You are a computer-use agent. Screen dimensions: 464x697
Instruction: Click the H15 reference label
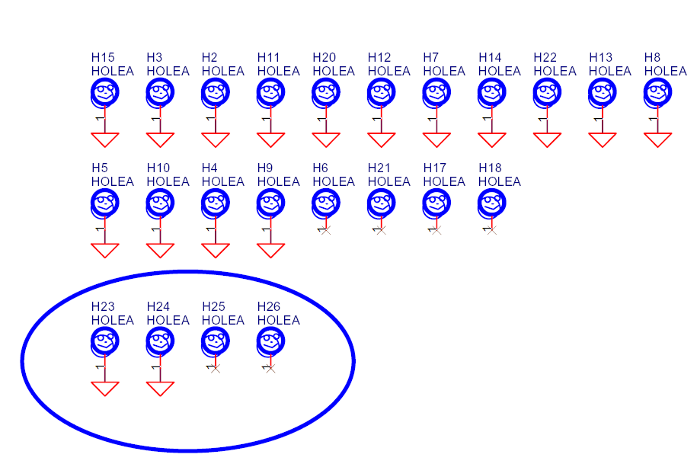[x=103, y=57]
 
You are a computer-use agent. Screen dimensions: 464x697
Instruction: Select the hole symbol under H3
[x=160, y=93]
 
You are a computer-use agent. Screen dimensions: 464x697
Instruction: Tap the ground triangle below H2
[x=216, y=139]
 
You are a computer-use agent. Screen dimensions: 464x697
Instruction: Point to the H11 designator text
[x=269, y=57]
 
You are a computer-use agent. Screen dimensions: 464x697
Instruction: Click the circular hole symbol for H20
[x=326, y=93]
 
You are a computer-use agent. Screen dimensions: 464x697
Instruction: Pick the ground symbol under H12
[x=382, y=139]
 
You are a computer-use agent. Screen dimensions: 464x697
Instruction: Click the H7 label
[x=431, y=57]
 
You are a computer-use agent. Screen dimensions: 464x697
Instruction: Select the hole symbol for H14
[x=492, y=93]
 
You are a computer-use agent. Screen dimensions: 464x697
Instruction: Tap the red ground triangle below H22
[x=547, y=139]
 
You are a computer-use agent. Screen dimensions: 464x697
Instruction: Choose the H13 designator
[x=600, y=57]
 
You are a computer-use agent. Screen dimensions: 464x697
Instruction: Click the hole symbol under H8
[x=658, y=93]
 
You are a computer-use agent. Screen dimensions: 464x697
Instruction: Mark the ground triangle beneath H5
[x=105, y=250]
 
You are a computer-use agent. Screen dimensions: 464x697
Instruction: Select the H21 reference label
[x=379, y=168]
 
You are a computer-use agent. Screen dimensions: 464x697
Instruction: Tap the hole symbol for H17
[x=436, y=203]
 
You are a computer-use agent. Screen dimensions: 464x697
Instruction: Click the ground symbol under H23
[x=105, y=388]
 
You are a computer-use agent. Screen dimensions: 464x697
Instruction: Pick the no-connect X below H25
[x=216, y=368]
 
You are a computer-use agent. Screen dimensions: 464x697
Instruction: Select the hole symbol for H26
[x=270, y=341]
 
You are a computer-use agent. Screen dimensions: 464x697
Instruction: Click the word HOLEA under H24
[x=168, y=320]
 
